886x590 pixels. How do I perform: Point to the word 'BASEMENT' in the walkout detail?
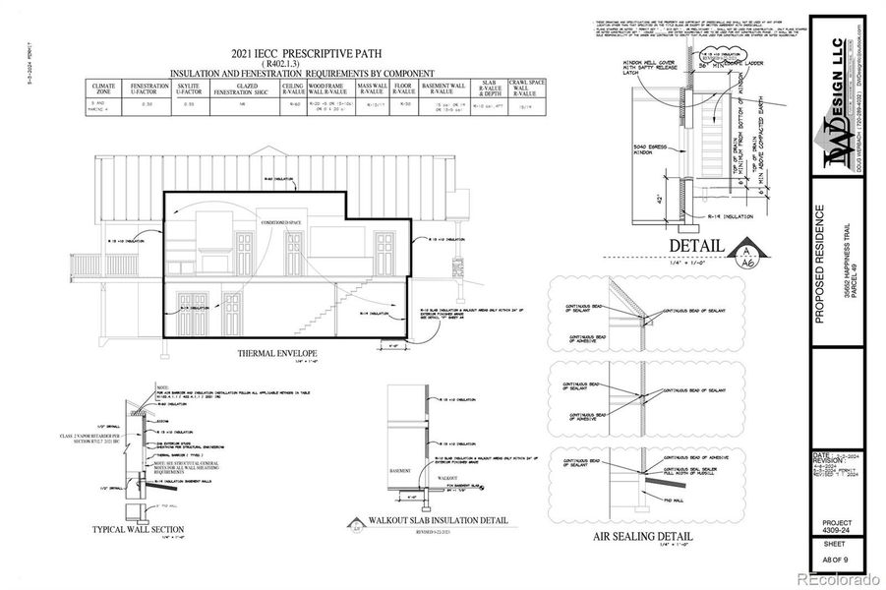(x=400, y=470)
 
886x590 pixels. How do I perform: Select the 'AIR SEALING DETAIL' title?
(x=642, y=537)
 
